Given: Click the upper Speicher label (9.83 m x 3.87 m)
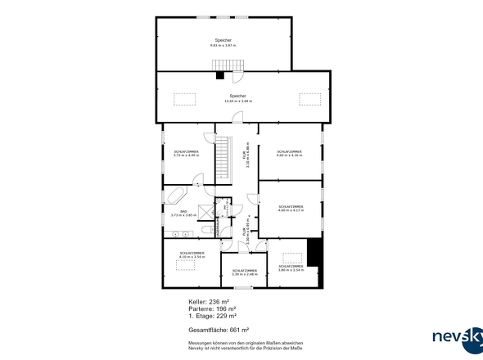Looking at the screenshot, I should pos(223,43).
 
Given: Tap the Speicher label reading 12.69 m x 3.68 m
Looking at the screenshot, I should pos(238,98).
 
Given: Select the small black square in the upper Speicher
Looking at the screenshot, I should pos(219,76).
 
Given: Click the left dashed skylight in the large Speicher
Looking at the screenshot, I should pos(184,98).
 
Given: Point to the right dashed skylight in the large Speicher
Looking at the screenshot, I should pos(309,98).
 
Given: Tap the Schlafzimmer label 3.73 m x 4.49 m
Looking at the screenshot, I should pos(186,153).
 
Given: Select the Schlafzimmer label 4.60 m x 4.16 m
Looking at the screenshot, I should pos(289,153).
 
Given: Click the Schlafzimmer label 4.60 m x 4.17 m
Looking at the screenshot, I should pos(291,209).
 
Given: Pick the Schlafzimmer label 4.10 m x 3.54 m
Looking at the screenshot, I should pos(192,255).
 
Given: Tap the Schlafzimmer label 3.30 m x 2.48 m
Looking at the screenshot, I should pos(245,272).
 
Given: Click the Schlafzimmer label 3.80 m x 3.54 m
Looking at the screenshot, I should pos(291,268).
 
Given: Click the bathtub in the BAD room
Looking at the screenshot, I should pos(175,195).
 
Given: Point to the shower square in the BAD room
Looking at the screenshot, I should pos(201,225).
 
